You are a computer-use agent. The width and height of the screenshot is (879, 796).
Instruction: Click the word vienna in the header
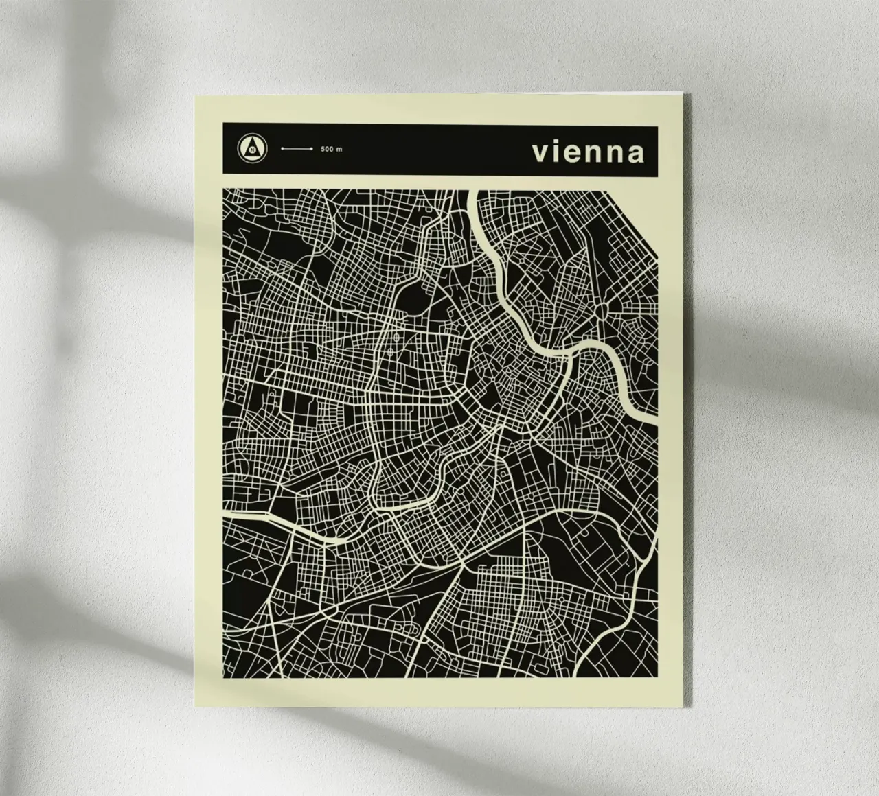[589, 152]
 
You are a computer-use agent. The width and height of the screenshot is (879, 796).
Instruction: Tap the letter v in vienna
[539, 154]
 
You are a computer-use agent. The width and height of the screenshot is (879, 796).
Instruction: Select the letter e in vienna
[569, 154]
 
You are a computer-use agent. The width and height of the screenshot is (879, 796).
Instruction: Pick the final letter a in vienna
[636, 154]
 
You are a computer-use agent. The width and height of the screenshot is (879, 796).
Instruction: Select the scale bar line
[297, 148]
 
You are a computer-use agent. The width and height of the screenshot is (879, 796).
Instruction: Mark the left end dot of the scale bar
[282, 148]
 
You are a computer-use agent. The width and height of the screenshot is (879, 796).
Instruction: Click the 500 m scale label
[331, 149]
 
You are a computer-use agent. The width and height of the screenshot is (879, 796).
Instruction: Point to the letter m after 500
[339, 149]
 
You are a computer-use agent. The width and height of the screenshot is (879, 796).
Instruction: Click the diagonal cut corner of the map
[632, 223]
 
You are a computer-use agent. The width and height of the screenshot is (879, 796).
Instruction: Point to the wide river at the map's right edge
[654, 412]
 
